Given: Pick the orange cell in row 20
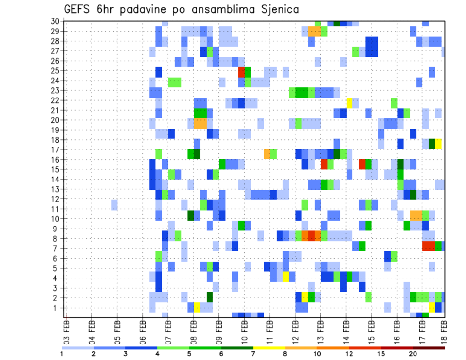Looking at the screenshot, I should [x=200, y=123].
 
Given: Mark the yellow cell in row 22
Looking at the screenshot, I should [x=349, y=102].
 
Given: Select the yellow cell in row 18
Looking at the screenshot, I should [x=438, y=144].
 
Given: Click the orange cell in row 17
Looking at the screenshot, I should [x=267, y=154].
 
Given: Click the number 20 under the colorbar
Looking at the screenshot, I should [x=414, y=354].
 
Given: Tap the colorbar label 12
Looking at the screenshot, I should [x=349, y=354].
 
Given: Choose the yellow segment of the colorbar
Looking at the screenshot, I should [x=269, y=347].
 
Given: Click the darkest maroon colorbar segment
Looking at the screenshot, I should [x=429, y=347].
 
